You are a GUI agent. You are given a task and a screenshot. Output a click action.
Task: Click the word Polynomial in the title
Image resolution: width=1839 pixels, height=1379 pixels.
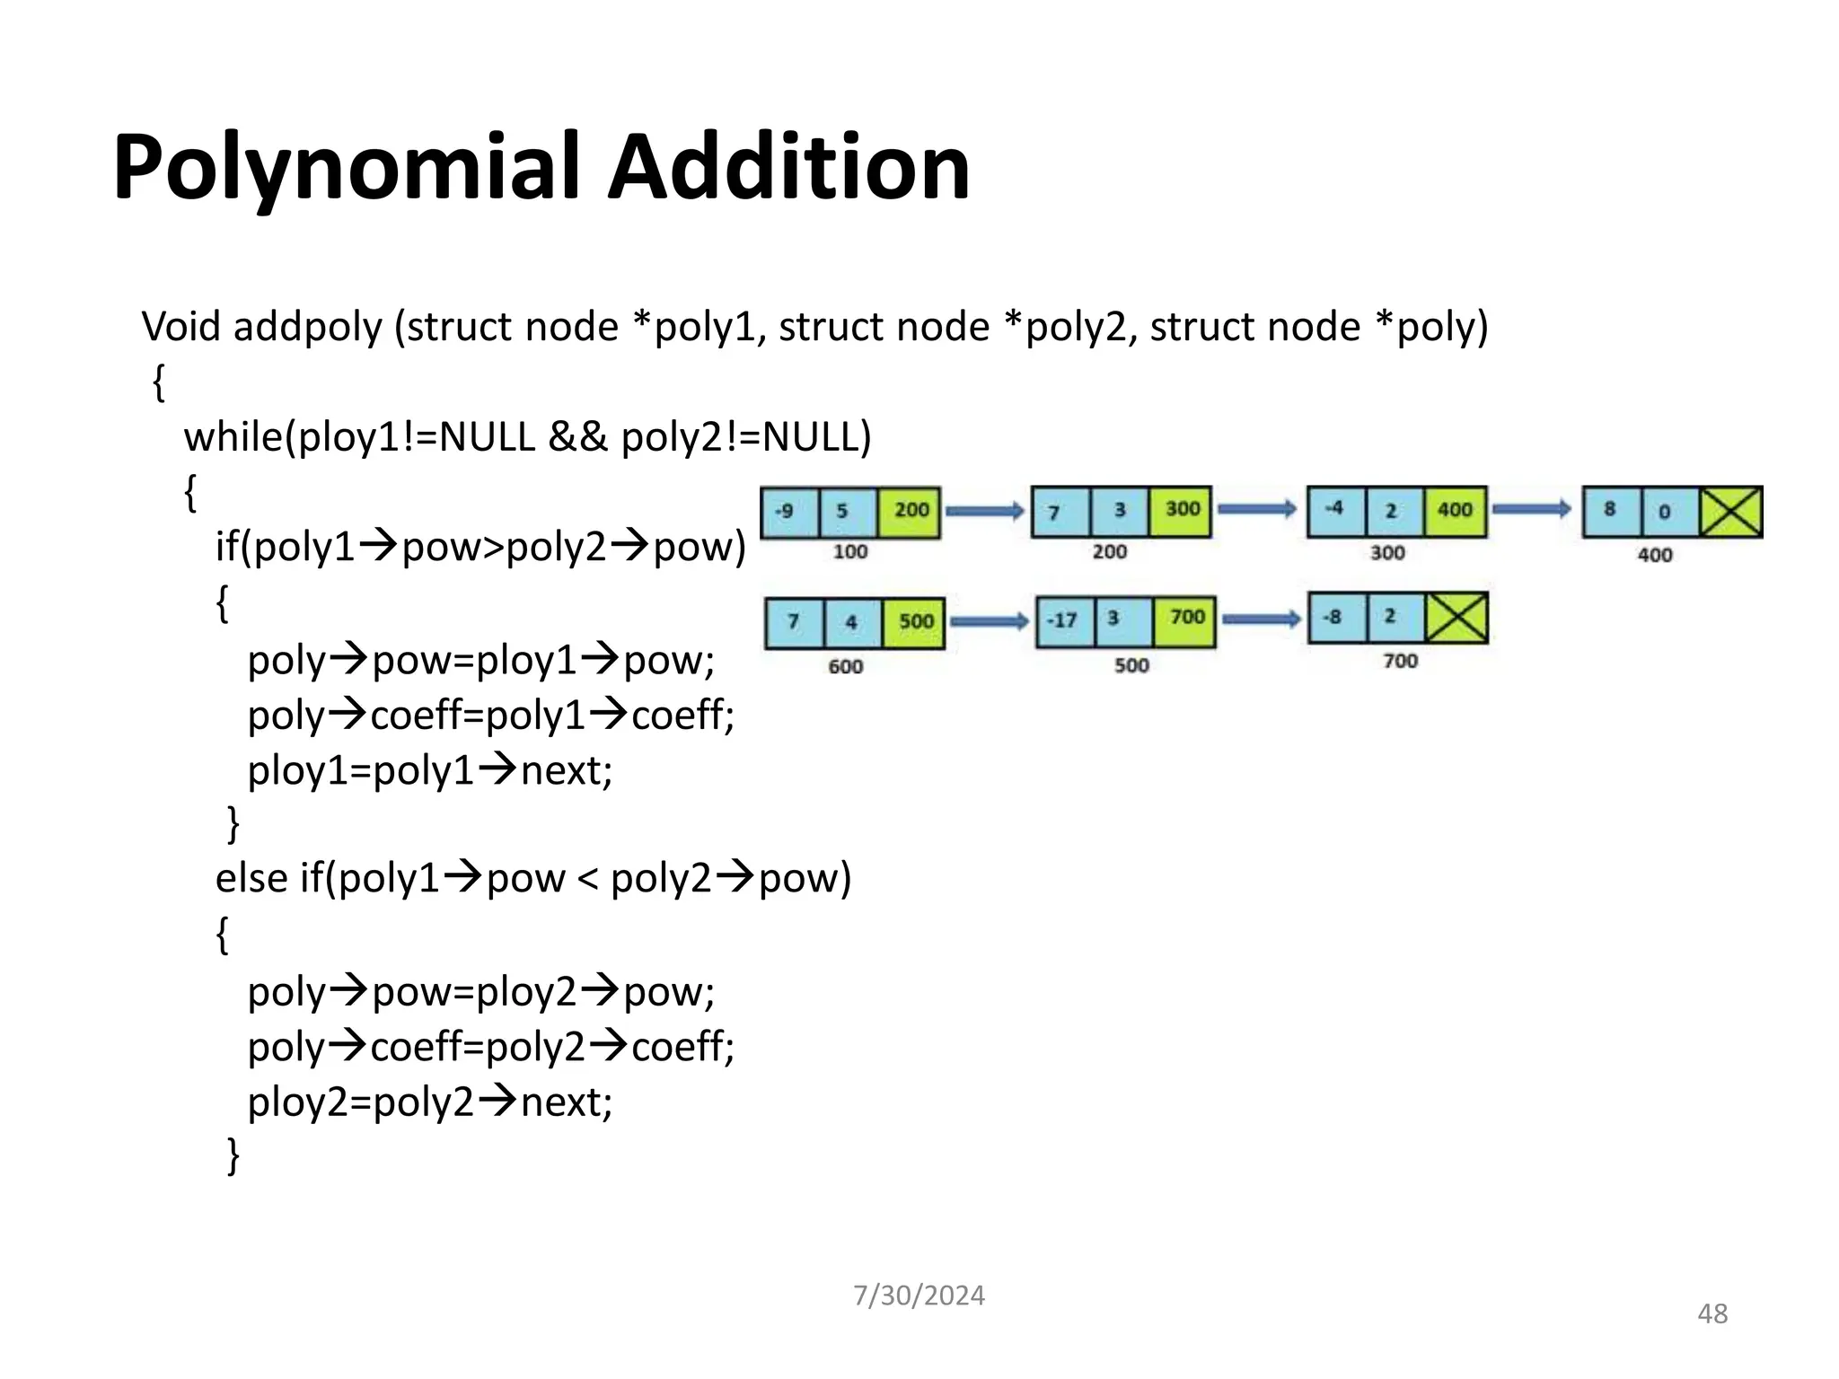[x=346, y=168]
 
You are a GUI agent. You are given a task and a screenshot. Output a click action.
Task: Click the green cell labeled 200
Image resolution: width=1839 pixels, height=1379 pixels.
[x=911, y=512]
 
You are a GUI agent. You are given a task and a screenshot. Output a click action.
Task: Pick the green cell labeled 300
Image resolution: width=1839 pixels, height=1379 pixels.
[x=1181, y=511]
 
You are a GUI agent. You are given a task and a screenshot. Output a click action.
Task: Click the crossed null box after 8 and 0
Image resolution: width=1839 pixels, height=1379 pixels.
[x=1731, y=512]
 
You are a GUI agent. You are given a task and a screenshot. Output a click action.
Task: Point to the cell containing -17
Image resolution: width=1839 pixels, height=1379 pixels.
[x=1064, y=621]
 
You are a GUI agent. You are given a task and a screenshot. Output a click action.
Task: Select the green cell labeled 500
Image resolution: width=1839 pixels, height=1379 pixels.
[x=914, y=622]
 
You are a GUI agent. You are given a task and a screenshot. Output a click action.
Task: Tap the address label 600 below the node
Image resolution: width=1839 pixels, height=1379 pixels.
[x=846, y=666]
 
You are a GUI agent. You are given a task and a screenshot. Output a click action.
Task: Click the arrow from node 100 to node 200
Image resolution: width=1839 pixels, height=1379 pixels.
[x=985, y=511]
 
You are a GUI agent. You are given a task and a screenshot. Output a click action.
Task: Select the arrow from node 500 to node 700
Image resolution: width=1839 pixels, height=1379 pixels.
[x=1262, y=619]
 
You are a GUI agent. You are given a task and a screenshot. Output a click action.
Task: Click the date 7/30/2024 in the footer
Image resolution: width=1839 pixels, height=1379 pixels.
[x=919, y=1296]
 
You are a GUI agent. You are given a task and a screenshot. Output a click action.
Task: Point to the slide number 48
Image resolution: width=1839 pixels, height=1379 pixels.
[x=1712, y=1314]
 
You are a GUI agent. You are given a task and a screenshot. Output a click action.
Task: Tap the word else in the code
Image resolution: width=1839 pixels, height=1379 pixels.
[x=251, y=878]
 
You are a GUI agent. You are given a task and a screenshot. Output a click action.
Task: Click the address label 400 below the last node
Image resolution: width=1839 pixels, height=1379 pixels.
[x=1655, y=555]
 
